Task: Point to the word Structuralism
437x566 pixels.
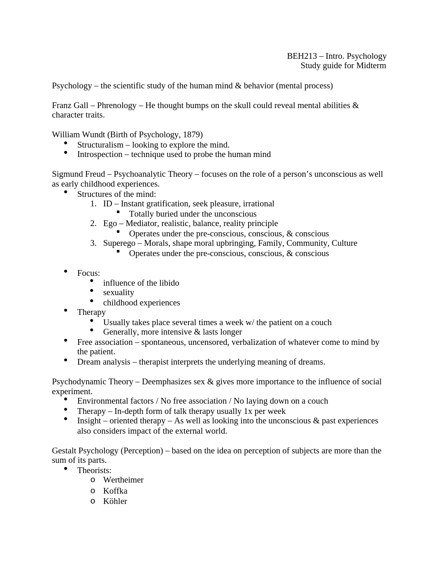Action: click(x=100, y=145)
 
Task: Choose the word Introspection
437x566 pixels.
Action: click(x=100, y=155)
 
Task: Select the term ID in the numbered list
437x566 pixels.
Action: click(x=107, y=204)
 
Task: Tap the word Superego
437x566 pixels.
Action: click(x=119, y=243)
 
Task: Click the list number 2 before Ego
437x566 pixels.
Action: click(x=93, y=224)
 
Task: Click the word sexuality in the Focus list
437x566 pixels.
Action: click(x=119, y=293)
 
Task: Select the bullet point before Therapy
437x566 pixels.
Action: click(x=66, y=311)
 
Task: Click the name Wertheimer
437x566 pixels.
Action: click(x=123, y=480)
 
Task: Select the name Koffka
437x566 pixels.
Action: click(x=115, y=491)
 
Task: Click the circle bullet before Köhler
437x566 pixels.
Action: click(x=93, y=501)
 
